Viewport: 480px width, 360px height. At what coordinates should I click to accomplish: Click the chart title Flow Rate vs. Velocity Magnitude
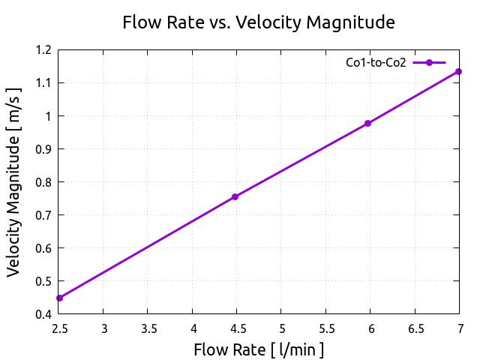[259, 22]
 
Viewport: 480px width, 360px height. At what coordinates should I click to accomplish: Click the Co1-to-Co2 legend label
[376, 63]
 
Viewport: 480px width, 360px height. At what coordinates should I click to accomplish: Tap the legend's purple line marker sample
[429, 63]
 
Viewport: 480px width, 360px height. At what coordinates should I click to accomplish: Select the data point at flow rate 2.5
[59, 298]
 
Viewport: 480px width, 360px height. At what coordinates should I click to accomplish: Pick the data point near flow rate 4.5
[235, 196]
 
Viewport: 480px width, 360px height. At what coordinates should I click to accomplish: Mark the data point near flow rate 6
[368, 123]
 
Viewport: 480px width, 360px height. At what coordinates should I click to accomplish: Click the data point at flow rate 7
[458, 71]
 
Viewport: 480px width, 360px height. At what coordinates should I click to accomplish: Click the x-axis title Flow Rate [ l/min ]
[259, 349]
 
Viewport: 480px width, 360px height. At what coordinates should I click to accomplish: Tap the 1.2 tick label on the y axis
[43, 50]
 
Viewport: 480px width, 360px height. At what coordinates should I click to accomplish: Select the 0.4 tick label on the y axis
[43, 314]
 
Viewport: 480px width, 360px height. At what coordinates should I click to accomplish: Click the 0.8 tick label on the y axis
[43, 182]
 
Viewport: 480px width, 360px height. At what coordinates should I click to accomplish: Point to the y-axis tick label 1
[49, 116]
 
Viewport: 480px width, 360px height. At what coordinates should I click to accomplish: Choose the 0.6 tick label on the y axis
[43, 248]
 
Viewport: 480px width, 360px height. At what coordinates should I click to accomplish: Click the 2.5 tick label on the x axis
[59, 328]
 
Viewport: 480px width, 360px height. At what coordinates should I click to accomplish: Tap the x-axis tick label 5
[281, 328]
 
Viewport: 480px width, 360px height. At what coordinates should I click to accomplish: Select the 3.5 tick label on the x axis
[148, 328]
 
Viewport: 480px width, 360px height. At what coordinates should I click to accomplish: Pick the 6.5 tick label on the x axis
[414, 328]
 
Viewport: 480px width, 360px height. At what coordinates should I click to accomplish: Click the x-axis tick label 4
[193, 328]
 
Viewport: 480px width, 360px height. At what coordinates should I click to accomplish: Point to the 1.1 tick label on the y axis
[43, 83]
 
